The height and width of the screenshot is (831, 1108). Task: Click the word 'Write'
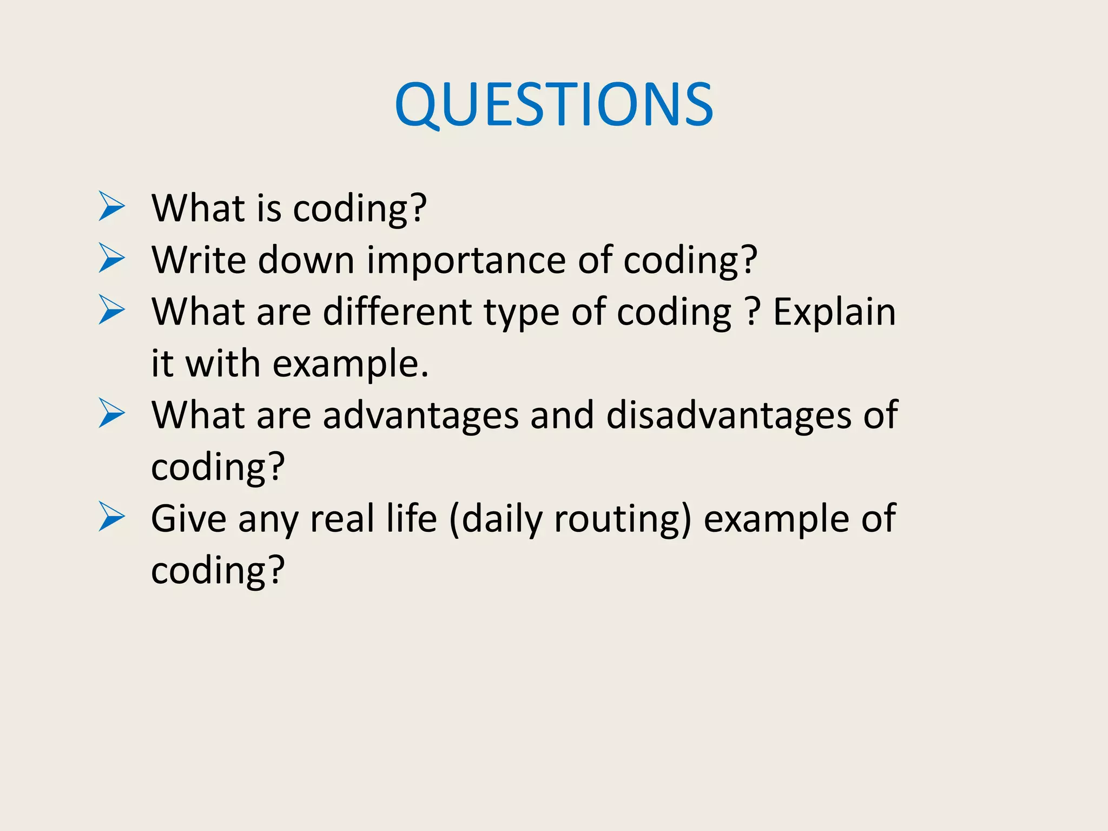point(199,260)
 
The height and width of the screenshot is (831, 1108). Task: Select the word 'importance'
point(466,261)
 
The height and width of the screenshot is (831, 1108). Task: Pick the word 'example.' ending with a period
point(350,364)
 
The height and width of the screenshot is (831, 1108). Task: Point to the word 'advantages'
point(420,415)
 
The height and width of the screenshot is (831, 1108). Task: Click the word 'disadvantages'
point(728,415)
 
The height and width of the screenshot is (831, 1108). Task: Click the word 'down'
point(306,260)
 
